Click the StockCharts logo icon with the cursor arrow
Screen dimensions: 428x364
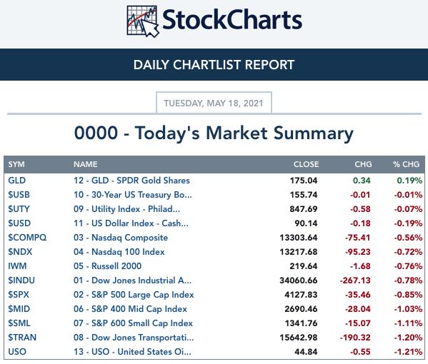coord(142,21)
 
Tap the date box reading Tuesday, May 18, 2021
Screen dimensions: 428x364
coord(214,103)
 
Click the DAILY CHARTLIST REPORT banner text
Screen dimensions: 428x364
coord(214,65)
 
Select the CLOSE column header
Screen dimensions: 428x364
coord(306,164)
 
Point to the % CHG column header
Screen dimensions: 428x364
coord(406,164)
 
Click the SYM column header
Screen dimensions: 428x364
coord(16,164)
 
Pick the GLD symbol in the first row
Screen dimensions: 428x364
coord(17,181)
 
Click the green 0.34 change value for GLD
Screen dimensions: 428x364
coord(362,181)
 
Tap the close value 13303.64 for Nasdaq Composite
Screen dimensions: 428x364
coord(299,238)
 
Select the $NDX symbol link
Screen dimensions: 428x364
coord(20,252)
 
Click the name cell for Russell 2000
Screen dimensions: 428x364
coord(108,266)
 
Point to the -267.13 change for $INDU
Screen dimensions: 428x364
coord(355,280)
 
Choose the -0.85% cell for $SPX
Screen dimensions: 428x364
coord(408,295)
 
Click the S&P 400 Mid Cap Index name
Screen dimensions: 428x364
coord(130,308)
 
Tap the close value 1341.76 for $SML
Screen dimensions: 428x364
coord(301,323)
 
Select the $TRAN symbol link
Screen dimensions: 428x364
coord(22,338)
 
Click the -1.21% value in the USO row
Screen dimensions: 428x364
coord(408,351)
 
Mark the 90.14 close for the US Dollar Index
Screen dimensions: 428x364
coord(306,223)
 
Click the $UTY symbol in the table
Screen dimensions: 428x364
coord(19,209)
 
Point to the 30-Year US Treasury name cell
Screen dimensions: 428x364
coord(133,195)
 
